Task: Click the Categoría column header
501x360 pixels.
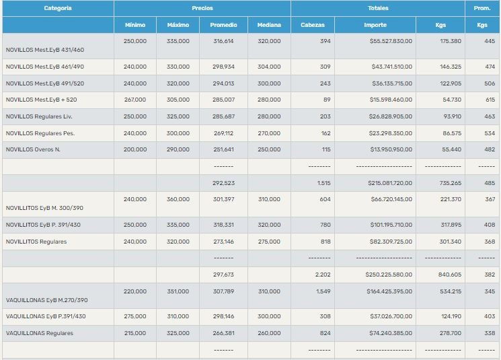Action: pos(58,8)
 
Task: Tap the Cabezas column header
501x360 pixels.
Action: pos(312,25)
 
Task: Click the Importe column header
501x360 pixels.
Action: pos(375,25)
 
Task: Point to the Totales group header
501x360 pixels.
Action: pos(377,8)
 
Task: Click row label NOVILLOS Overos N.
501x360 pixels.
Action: pos(33,149)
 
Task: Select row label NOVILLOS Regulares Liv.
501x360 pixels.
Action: pos(40,116)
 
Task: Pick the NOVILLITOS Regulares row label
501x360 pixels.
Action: pos(36,242)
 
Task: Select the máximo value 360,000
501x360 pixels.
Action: pos(178,199)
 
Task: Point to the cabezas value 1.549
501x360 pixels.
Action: pos(323,291)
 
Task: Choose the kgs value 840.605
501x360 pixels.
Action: pos(449,275)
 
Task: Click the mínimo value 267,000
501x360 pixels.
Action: pos(134,100)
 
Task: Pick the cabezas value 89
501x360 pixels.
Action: pos(327,100)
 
